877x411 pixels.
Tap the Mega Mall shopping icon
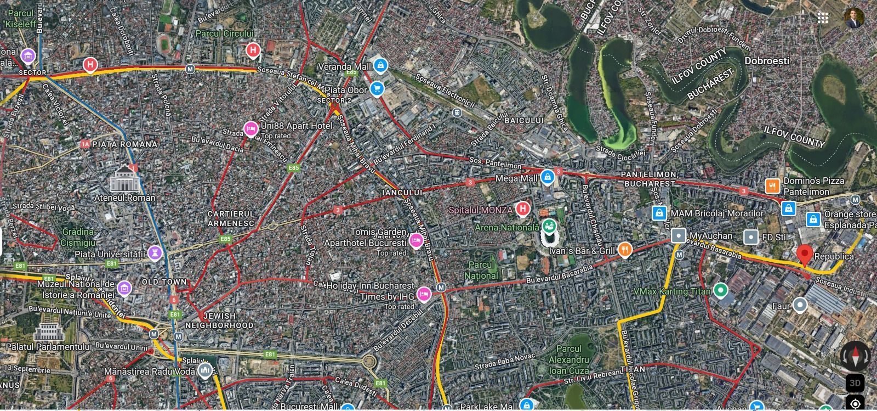pyautogui.click(x=547, y=177)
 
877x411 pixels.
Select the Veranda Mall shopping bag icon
pyautogui.click(x=381, y=66)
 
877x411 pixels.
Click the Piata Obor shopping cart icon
pyautogui.click(x=377, y=88)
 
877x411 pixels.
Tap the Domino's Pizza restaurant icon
pyautogui.click(x=772, y=185)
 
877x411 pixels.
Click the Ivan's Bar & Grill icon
pyautogui.click(x=625, y=250)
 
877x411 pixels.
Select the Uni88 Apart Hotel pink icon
pyautogui.click(x=250, y=128)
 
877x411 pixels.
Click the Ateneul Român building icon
pyautogui.click(x=124, y=178)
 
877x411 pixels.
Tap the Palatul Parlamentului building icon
pyautogui.click(x=48, y=331)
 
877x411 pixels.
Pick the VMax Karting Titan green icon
pyautogui.click(x=721, y=291)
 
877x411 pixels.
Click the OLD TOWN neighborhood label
pyautogui.click(x=164, y=282)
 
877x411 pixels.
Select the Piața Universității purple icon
pyautogui.click(x=155, y=252)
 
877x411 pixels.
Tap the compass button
pyautogui.click(x=855, y=355)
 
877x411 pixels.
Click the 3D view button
pyautogui.click(x=855, y=382)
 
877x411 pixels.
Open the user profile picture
pyautogui.click(x=854, y=18)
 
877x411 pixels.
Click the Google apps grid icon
pyautogui.click(x=823, y=18)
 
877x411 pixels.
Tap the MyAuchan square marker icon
pyautogui.click(x=679, y=236)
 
